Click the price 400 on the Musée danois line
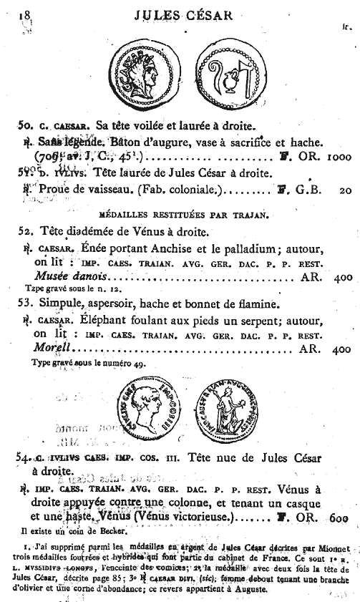click(339, 276)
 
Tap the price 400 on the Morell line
click(339, 350)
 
